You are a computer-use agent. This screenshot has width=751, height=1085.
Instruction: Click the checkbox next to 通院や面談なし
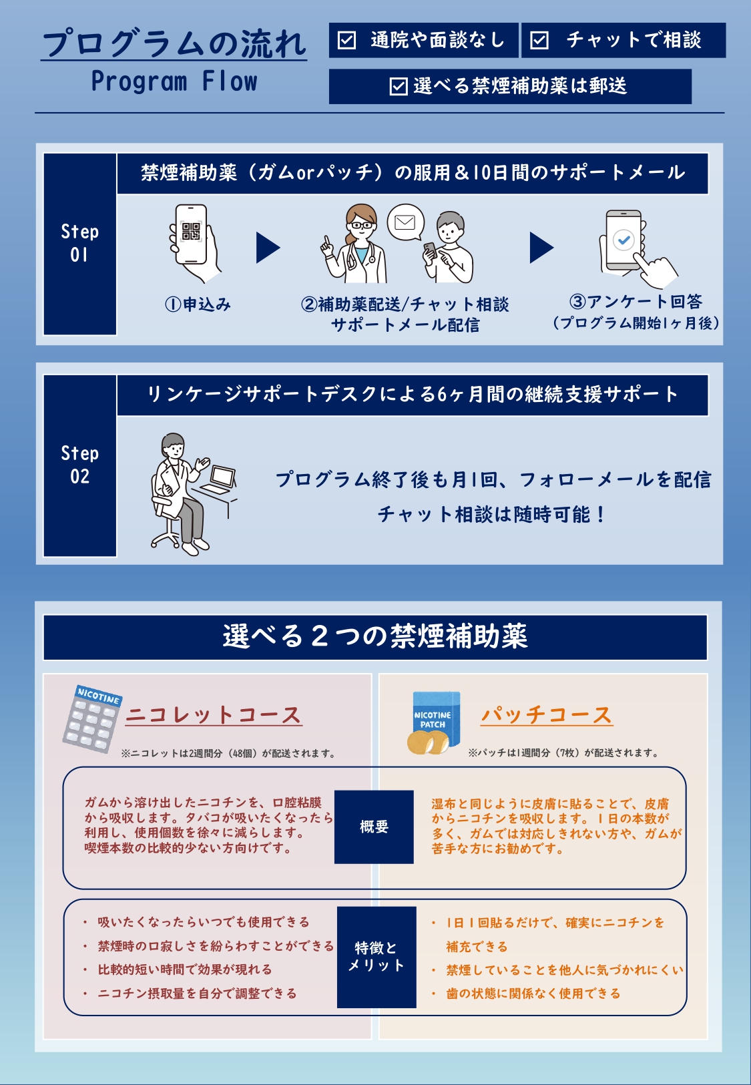click(346, 40)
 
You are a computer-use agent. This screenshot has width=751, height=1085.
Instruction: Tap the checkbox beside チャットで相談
click(539, 40)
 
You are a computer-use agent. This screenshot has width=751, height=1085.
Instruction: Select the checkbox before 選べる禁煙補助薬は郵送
click(398, 87)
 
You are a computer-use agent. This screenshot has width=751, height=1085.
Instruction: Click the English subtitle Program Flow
click(174, 81)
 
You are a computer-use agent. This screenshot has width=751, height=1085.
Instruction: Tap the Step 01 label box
click(80, 244)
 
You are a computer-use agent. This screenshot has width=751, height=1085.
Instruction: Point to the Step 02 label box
click(80, 465)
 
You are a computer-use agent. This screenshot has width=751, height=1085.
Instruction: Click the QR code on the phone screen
click(191, 231)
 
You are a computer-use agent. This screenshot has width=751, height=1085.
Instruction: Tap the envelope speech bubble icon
click(406, 222)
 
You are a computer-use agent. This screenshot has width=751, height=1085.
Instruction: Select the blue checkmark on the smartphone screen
click(623, 239)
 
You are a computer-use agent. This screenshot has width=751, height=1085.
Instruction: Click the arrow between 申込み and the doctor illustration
click(268, 248)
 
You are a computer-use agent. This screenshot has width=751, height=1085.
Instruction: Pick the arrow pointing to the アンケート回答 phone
click(541, 248)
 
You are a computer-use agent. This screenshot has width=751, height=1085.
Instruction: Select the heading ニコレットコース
click(214, 715)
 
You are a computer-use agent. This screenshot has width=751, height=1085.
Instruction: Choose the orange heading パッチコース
click(547, 715)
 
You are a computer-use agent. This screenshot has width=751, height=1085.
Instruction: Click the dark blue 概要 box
click(374, 827)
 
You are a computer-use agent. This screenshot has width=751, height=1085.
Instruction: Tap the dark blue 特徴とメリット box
click(377, 957)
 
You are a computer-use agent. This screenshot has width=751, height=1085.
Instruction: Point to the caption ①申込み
click(198, 304)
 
